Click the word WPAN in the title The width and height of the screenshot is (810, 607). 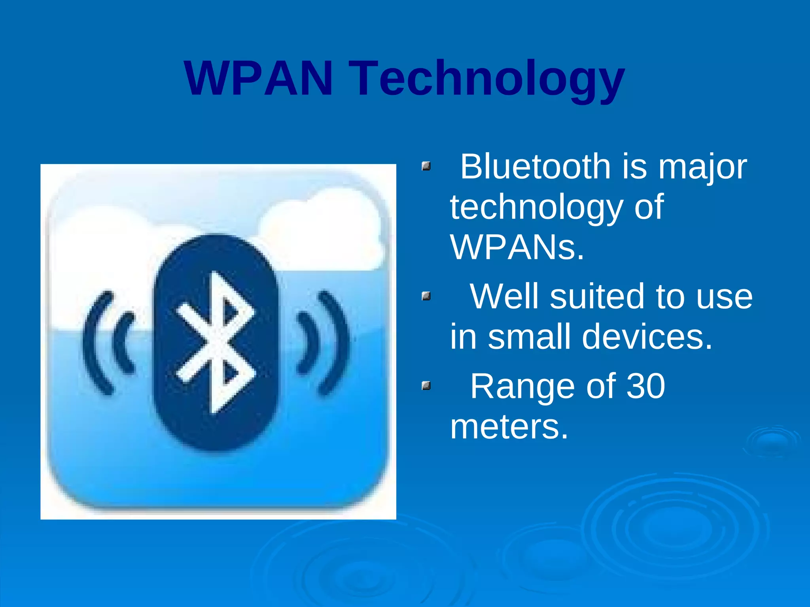point(259,78)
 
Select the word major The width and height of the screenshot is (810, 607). point(702,168)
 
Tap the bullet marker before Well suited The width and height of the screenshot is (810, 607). point(426,296)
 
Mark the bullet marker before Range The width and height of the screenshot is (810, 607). point(426,385)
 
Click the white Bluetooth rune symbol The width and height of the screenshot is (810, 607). point(216,342)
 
